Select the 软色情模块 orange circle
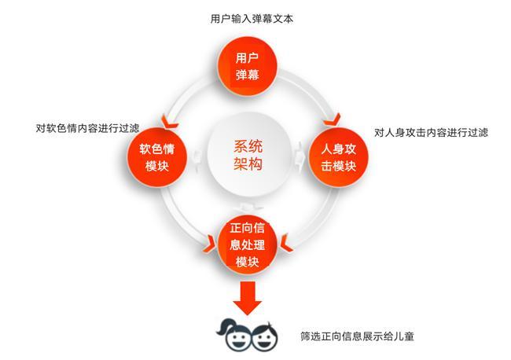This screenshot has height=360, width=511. coord(158,156)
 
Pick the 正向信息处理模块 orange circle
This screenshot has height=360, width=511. coord(248,244)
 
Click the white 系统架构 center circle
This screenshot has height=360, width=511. coord(248,156)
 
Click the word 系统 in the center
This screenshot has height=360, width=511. coord(248,147)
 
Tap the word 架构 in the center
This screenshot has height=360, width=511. coord(248,165)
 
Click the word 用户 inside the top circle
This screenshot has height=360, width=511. coord(248,58)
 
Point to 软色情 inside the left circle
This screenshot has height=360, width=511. coord(158,148)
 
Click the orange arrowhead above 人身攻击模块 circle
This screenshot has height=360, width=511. coord(331,119)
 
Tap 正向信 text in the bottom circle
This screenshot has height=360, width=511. coord(248,228)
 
